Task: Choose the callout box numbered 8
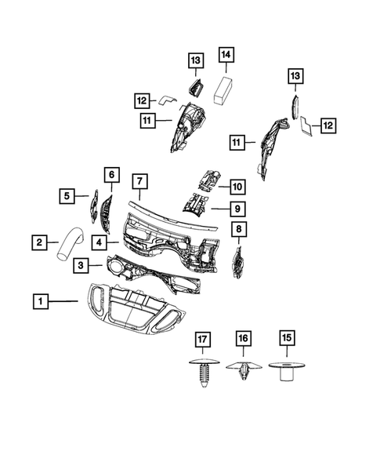pyautogui.click(x=239, y=230)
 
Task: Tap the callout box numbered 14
pyautogui.click(x=226, y=56)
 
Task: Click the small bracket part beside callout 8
pyautogui.click(x=238, y=262)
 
